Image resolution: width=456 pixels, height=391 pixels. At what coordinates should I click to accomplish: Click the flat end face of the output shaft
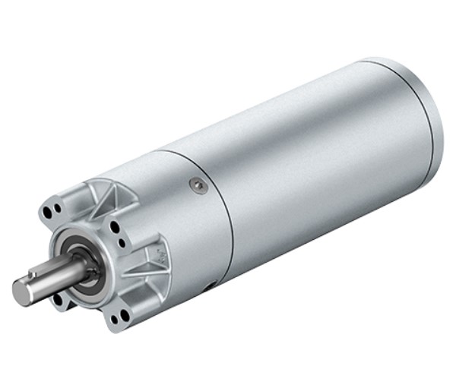tap(22, 292)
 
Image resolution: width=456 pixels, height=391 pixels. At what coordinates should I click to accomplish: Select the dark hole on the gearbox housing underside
tap(209, 287)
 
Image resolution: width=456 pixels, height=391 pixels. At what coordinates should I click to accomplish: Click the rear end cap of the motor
tap(426, 114)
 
